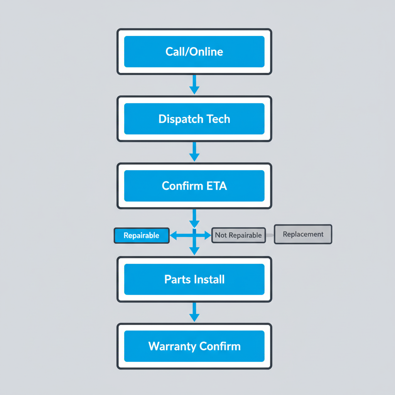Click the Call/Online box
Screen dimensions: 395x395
click(194, 51)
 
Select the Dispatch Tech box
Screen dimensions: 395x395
click(194, 119)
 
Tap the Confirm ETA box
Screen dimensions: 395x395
click(194, 186)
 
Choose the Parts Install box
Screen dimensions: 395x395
click(194, 279)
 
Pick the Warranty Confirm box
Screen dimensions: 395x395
click(194, 346)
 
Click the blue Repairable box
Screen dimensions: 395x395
click(142, 235)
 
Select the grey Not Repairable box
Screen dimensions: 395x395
click(238, 235)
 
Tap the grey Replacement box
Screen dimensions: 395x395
click(303, 234)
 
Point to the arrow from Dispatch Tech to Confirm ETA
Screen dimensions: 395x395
click(194, 151)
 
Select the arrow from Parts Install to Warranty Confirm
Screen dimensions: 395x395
click(194, 312)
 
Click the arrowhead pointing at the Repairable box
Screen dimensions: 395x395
click(174, 235)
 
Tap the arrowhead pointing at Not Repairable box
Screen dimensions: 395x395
click(208, 235)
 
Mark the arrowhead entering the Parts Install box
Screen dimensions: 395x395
click(194, 251)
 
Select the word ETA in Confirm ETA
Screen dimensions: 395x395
click(216, 186)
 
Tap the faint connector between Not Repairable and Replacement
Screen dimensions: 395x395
click(270, 235)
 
